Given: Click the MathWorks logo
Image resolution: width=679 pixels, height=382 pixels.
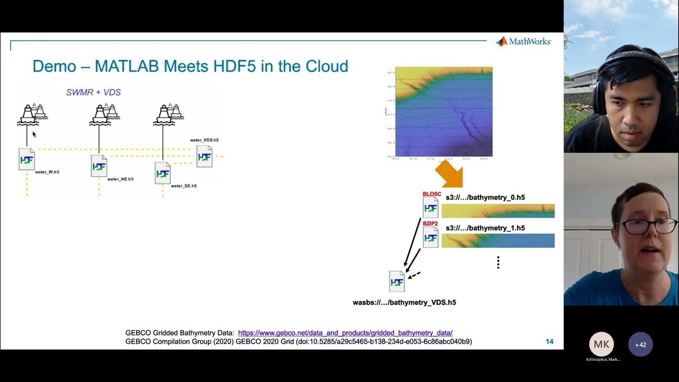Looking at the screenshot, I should click(x=523, y=42).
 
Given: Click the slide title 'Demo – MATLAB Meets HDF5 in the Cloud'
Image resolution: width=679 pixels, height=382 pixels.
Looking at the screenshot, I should click(x=190, y=66).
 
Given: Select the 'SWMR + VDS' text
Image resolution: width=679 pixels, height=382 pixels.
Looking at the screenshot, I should click(x=93, y=92).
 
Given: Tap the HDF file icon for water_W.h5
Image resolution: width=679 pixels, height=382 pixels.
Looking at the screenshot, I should click(x=27, y=159).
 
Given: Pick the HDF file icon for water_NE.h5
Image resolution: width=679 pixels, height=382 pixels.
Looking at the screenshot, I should click(x=99, y=166).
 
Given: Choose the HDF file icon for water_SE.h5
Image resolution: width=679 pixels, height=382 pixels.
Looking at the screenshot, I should click(x=163, y=173).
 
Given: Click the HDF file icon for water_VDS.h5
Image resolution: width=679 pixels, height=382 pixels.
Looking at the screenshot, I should click(x=204, y=157).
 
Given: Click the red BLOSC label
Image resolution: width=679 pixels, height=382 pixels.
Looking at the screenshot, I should click(x=431, y=194).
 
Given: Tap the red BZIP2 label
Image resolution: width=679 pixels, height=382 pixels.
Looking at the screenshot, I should click(x=430, y=224).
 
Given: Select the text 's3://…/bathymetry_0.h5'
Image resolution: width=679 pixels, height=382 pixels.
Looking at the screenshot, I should click(x=485, y=198).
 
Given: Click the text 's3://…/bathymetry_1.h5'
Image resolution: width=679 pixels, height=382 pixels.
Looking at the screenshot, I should click(x=485, y=228).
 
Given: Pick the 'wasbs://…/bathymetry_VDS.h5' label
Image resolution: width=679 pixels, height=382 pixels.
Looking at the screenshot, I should click(x=404, y=302).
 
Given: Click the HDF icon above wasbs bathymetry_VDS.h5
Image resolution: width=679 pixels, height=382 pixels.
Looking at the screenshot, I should click(x=397, y=281).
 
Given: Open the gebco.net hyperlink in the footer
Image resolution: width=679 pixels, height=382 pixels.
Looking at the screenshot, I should click(x=345, y=333).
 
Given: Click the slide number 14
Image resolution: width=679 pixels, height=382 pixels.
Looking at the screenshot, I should click(x=550, y=342).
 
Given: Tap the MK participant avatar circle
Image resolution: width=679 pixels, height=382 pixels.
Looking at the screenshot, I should click(x=601, y=344).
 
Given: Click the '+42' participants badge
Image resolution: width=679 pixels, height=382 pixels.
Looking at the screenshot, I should click(x=641, y=344).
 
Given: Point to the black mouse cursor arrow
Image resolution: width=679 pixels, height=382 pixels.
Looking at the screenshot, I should click(x=34, y=134).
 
